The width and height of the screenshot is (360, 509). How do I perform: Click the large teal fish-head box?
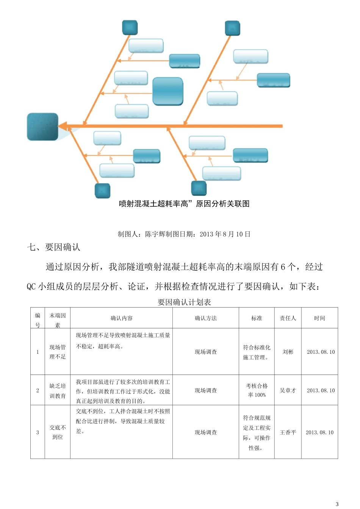(x=42, y=126)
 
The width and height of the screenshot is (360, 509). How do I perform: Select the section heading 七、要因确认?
(x=53, y=248)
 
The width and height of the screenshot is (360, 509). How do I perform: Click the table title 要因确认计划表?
(x=184, y=302)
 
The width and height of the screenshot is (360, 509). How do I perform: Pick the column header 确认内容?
(x=121, y=318)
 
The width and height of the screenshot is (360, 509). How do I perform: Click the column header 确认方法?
(x=206, y=318)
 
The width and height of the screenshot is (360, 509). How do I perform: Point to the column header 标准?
(x=257, y=318)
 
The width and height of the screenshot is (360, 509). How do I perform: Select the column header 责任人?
(x=288, y=318)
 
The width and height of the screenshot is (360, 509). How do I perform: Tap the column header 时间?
(x=319, y=318)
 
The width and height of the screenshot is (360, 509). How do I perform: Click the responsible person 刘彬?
(x=288, y=352)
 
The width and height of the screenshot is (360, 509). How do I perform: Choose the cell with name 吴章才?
(x=288, y=390)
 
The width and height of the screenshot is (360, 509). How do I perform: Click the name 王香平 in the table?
(x=288, y=432)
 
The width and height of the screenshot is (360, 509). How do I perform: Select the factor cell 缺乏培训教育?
(x=58, y=391)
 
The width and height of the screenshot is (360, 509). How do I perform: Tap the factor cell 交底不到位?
(x=58, y=432)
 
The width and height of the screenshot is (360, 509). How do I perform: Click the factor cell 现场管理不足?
(x=58, y=352)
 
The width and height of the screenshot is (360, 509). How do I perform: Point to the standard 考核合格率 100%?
(x=257, y=390)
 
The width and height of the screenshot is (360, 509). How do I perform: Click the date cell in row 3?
(x=319, y=432)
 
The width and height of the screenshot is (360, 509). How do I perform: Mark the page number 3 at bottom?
(x=337, y=504)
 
